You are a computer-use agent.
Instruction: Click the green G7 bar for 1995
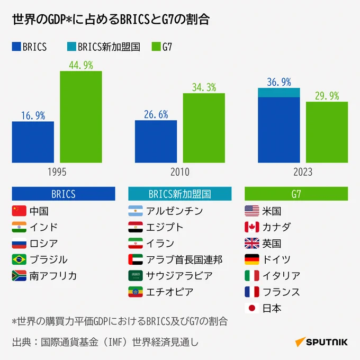tap(80, 116)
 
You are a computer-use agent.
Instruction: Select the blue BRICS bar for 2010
tap(156, 141)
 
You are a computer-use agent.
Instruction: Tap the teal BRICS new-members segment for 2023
tap(279, 93)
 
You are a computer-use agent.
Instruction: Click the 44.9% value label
tap(80, 65)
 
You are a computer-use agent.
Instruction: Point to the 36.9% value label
tap(279, 82)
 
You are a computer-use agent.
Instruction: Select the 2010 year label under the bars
tap(180, 172)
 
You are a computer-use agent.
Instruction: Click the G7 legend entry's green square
tap(156, 47)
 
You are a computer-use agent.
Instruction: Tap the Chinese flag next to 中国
tap(19, 211)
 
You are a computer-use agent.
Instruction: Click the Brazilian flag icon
tap(19, 259)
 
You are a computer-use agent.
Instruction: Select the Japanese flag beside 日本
tap(251, 308)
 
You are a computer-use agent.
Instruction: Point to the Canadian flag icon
tap(251, 227)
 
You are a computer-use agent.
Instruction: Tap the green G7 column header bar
tap(296, 194)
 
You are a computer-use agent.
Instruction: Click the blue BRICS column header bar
tap(63, 194)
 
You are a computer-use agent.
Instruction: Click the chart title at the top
tap(111, 20)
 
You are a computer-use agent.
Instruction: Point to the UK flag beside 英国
tap(251, 244)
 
